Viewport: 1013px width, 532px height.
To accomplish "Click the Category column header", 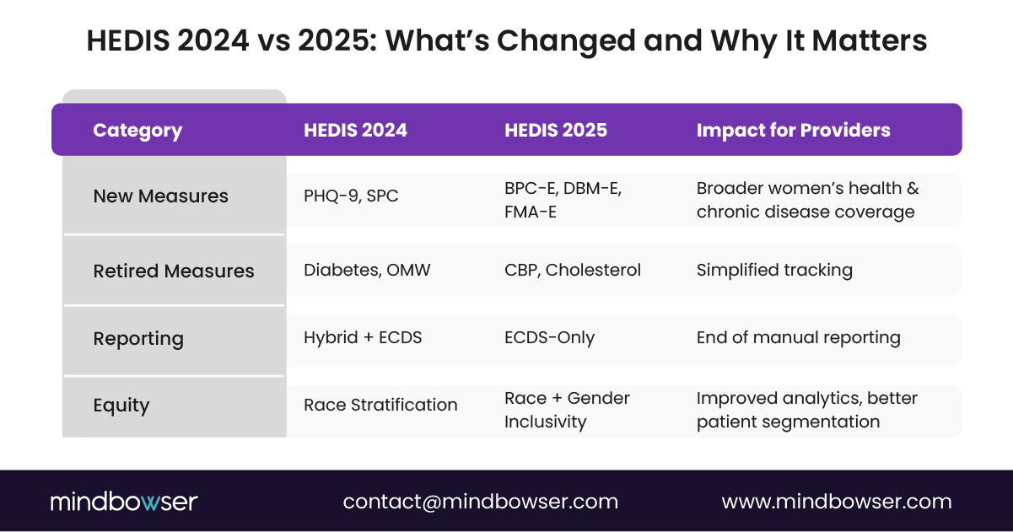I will (137, 131).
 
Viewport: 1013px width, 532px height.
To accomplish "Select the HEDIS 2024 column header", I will (355, 131).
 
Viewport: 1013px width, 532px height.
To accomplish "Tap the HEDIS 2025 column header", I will (556, 131).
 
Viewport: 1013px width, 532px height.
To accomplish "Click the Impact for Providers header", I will (793, 131).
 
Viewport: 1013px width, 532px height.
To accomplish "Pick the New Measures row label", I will (160, 196).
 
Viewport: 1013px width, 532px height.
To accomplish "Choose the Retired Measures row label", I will (173, 271).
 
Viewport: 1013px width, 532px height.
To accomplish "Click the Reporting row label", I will (137, 339).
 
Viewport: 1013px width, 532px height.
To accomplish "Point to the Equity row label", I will (121, 406).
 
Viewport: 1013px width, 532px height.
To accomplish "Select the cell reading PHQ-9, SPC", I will (351, 196).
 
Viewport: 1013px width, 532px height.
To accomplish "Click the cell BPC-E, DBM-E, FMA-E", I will (563, 200).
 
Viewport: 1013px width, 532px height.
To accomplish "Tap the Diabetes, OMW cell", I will (367, 271).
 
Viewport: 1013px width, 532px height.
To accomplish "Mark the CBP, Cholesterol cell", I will (573, 271).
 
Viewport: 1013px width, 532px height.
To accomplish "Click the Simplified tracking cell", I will (774, 271).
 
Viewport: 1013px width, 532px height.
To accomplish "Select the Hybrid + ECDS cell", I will (363, 338).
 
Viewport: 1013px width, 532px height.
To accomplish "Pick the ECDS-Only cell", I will (549, 338).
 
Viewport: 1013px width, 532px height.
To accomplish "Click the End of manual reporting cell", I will (798, 338).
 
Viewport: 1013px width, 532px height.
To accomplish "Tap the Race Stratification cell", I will (380, 406).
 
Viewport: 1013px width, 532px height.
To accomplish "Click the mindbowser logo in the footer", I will (123, 502).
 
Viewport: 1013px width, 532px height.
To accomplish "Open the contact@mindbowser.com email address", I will (480, 502).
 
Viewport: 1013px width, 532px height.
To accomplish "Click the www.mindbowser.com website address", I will (836, 502).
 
